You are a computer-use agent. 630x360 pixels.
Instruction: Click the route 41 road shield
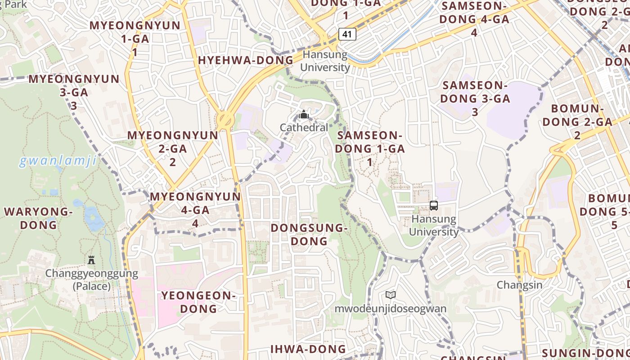click(x=346, y=34)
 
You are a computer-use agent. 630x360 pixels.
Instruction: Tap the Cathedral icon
click(x=304, y=115)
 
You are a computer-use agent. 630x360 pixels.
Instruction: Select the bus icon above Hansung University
click(x=434, y=206)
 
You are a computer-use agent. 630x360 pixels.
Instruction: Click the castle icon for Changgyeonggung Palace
click(x=91, y=260)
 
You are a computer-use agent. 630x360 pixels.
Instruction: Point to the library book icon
click(x=390, y=295)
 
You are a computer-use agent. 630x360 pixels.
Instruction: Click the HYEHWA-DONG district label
click(x=246, y=60)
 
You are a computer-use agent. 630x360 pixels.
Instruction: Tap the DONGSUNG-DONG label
click(x=309, y=234)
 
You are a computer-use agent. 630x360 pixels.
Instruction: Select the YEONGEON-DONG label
click(x=198, y=302)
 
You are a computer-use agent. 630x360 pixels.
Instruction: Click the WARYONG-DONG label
click(x=38, y=218)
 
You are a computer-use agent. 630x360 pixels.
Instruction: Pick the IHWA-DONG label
click(x=308, y=349)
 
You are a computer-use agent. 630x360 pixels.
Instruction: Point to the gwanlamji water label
click(x=58, y=161)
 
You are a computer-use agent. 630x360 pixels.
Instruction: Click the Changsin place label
click(x=519, y=285)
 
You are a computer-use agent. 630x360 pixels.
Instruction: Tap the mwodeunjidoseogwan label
click(x=390, y=309)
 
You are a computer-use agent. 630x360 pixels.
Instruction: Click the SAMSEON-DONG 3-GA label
click(x=475, y=98)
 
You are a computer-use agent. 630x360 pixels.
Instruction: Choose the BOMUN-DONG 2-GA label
click(x=577, y=121)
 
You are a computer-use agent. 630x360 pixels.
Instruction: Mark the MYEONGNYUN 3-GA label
click(x=74, y=92)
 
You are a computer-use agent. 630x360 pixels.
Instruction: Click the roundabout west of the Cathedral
click(x=225, y=120)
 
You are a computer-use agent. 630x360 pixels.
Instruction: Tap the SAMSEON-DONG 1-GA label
click(x=370, y=148)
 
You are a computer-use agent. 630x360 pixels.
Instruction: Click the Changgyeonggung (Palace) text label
click(x=91, y=279)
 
